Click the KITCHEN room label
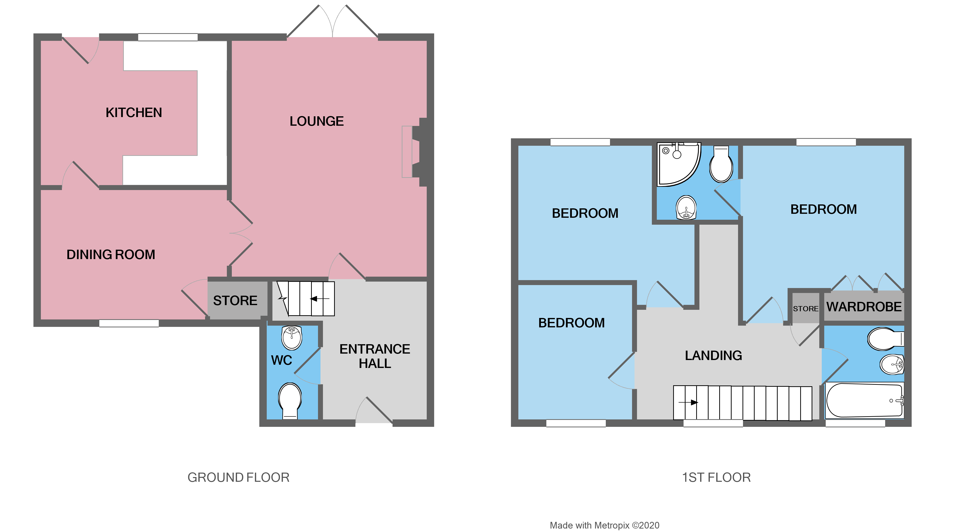(134, 113)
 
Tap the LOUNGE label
(317, 121)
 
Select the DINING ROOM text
(111, 255)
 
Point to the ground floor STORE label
(235, 300)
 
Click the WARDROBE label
(864, 307)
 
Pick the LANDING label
(713, 356)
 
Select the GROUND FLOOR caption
(239, 478)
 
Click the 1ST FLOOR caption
(716, 478)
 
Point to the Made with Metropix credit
(604, 525)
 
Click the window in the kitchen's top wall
(168, 37)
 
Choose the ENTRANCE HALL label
(374, 356)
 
